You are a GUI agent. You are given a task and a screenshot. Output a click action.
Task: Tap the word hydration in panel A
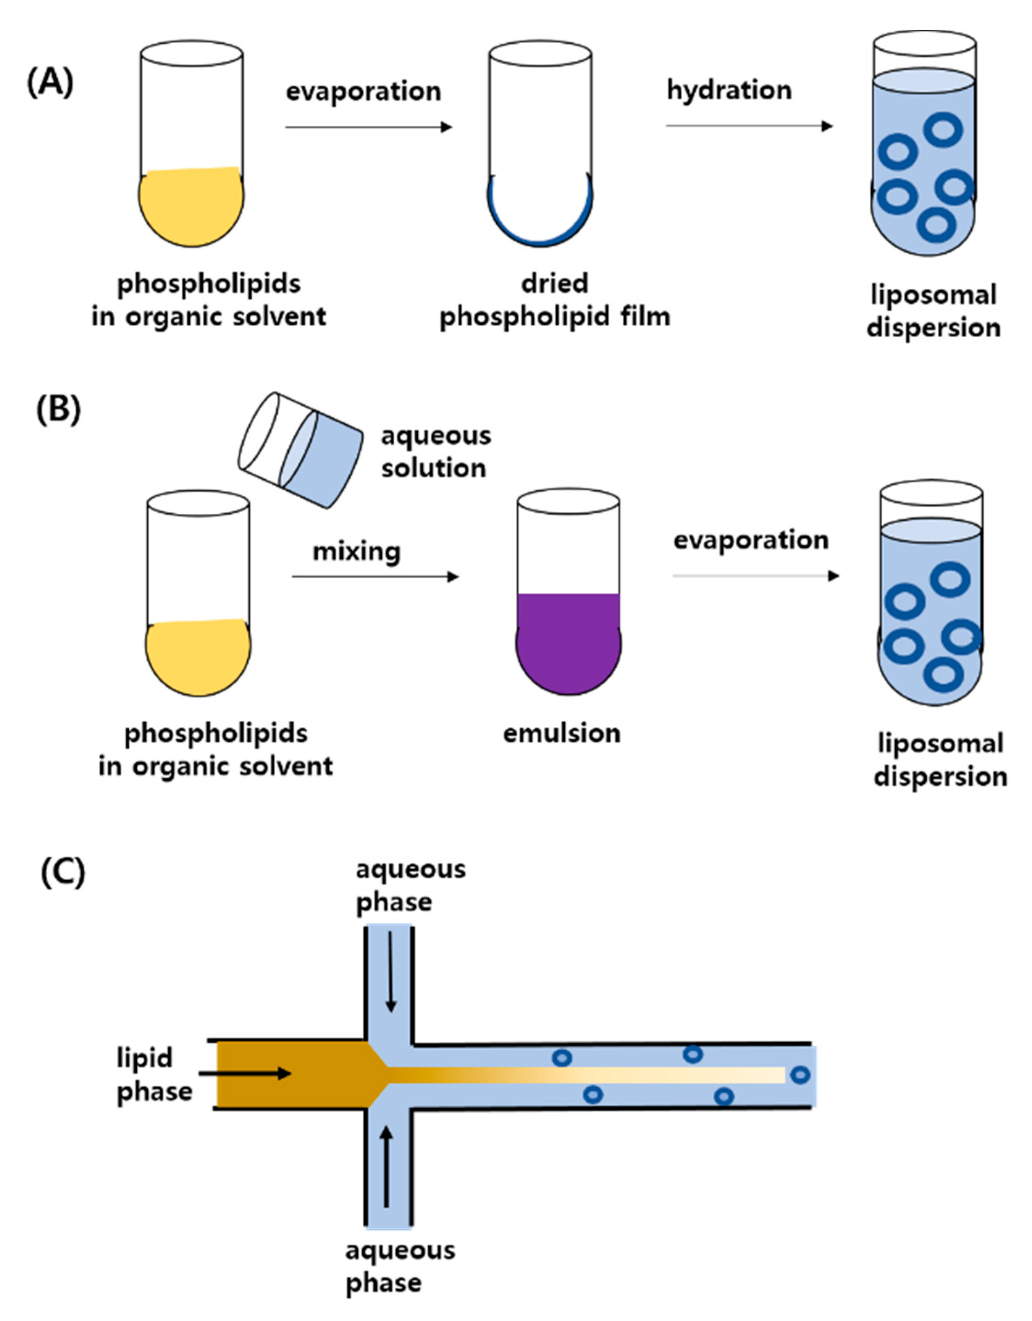(729, 91)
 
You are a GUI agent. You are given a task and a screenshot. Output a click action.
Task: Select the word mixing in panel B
(356, 552)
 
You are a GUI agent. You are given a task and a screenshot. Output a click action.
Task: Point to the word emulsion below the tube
(562, 733)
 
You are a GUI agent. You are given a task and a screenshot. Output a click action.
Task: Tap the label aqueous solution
(435, 452)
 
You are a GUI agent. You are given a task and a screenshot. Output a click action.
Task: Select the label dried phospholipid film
(555, 300)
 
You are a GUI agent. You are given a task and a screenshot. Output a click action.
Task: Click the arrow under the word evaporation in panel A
(368, 127)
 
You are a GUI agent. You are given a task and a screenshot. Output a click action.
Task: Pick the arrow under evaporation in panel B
(756, 575)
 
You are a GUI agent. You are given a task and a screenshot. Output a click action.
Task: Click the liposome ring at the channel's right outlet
(800, 1075)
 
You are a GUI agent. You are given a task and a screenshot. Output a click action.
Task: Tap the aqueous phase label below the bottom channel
(399, 1266)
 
